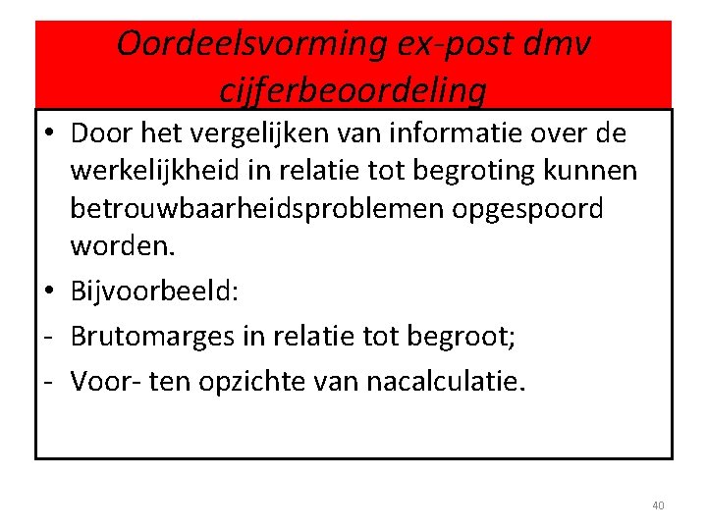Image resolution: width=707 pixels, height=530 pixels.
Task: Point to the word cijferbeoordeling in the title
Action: [x=353, y=90]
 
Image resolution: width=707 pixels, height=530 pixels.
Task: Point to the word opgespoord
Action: [x=545, y=209]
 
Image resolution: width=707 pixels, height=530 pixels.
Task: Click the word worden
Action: [x=122, y=247]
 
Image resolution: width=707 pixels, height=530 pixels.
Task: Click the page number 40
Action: [x=658, y=505]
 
